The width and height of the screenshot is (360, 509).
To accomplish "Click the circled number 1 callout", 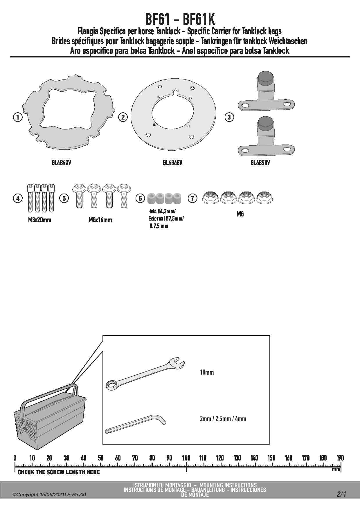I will pos(18,117).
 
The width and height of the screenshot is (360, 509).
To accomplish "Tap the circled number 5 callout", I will pos(64,198).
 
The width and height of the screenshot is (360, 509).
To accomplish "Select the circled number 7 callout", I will pos(192,198).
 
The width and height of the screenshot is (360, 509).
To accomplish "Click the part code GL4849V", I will pos(61,163).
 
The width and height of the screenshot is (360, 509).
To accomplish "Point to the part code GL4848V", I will pos(172,163).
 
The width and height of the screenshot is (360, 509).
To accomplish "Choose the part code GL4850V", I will pos(260,163).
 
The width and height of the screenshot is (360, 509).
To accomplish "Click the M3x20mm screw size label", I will pos(40,220).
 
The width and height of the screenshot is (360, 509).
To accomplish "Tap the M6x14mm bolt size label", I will pos(100,220).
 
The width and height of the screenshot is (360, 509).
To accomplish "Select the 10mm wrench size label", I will pos(207,372).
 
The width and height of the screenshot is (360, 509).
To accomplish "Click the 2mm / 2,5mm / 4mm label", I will pos(223,418).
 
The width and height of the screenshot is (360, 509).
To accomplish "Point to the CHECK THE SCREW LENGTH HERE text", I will pos(59,472).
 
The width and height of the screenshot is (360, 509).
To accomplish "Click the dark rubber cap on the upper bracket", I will pos(266,78).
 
